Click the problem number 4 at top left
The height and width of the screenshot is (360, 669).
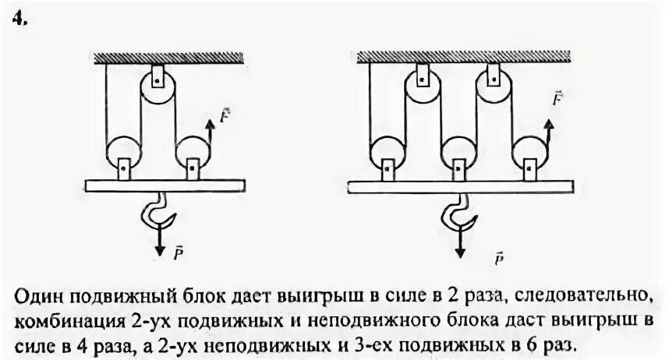point(18,22)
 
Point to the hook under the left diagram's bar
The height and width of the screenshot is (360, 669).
point(157,214)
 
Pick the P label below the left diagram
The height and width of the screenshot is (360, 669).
point(179,253)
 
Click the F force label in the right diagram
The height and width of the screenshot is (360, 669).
point(557,98)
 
